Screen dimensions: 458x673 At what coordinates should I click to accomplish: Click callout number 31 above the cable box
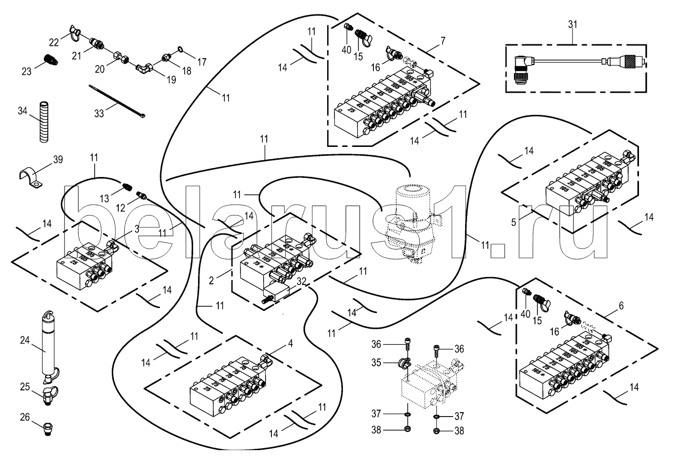click(574, 24)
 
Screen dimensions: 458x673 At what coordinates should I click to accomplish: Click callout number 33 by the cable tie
click(99, 113)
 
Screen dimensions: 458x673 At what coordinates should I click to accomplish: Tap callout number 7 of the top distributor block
click(442, 41)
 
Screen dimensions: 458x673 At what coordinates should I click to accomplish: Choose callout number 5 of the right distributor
click(513, 222)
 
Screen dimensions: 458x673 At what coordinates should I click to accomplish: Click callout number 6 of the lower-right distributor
click(620, 306)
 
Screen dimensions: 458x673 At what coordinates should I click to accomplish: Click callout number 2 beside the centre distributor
click(211, 281)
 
